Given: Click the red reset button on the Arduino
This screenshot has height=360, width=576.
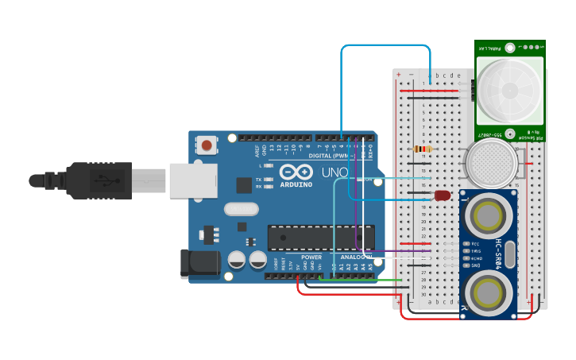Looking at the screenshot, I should coord(207,145).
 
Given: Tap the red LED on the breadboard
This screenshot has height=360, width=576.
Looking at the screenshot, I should coord(443,195).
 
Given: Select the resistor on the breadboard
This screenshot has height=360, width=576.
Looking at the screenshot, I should coord(423,149).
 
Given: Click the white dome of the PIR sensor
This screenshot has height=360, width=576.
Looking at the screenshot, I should coord(510,89).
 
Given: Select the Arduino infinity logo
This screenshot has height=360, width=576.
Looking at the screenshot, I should coord(294,172).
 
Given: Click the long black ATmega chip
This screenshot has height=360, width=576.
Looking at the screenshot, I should coord(320,237).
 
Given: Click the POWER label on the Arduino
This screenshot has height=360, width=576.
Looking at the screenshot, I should coord(311,257).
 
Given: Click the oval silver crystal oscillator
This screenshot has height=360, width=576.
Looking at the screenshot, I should coord(241,209).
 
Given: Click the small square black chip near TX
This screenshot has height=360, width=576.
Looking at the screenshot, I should coord(244,185).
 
